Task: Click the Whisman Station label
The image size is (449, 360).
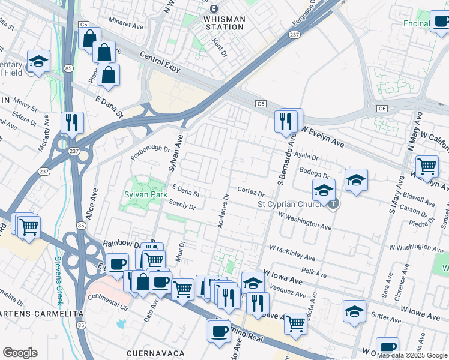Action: point(224,23)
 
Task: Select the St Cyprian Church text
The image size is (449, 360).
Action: point(291,204)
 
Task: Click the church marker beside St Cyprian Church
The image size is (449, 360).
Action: point(333,203)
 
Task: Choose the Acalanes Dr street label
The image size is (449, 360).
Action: point(223,210)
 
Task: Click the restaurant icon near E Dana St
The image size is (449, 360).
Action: point(71,122)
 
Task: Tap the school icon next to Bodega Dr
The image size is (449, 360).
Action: point(356,179)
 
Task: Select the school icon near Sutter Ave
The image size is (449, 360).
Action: point(354,311)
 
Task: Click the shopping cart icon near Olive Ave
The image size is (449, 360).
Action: point(295,323)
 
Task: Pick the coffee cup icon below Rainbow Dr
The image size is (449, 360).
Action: point(118,263)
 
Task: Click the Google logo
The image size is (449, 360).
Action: point(20,353)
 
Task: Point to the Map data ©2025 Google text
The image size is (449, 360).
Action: point(412,355)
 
